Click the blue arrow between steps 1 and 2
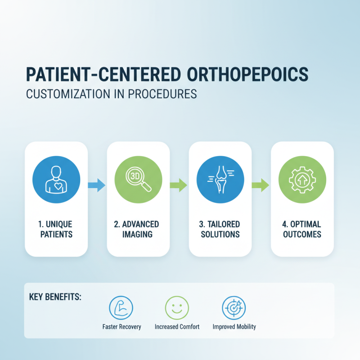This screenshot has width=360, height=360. click(x=97, y=184)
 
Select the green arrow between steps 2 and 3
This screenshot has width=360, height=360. click(x=179, y=184)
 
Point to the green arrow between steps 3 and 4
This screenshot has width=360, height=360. click(x=261, y=184)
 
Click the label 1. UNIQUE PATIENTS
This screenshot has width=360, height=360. click(x=56, y=229)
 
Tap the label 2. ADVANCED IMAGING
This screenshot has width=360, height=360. click(x=138, y=229)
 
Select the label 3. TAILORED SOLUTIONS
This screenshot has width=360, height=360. click(x=220, y=229)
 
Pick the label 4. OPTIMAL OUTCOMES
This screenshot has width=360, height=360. click(x=302, y=229)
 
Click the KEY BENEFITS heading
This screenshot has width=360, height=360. click(x=55, y=297)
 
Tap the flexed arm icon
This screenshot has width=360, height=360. click(x=121, y=308)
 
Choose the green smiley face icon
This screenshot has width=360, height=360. click(x=177, y=308)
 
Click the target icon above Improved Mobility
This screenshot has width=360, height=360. click(x=234, y=308)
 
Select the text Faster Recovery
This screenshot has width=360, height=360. click(x=121, y=327)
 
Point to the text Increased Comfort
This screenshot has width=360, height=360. click(x=177, y=327)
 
